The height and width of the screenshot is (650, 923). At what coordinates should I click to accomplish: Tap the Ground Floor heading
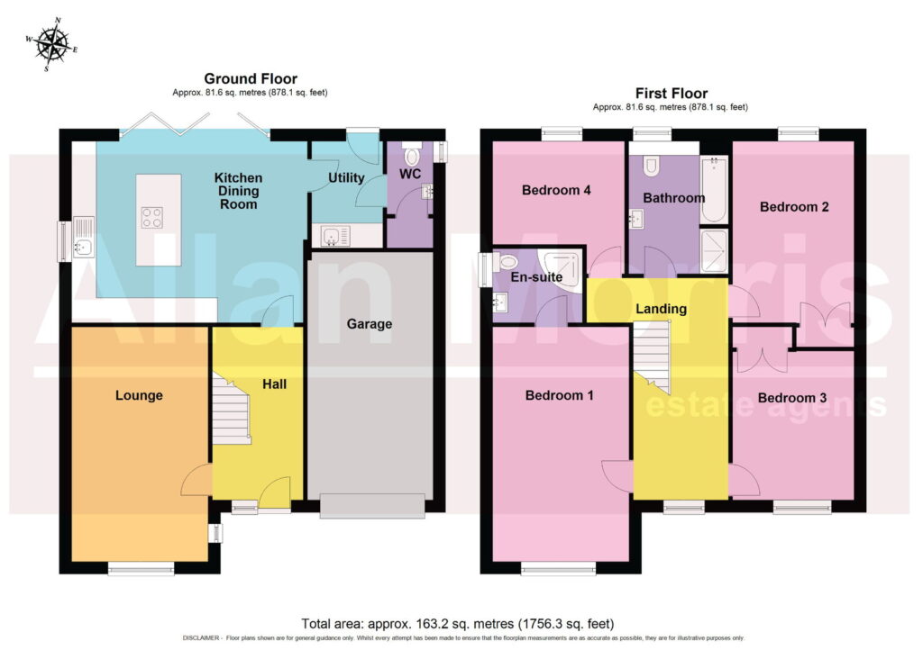point(251,78)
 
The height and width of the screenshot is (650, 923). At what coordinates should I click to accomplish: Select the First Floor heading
point(671,94)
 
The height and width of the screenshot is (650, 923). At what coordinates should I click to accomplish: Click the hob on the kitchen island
point(151,218)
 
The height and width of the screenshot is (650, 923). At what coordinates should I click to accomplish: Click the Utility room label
point(346,177)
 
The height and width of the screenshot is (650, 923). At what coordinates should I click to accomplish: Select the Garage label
point(369,324)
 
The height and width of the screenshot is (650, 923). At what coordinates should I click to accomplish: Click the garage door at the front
point(372,506)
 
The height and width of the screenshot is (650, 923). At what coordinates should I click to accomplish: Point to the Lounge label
point(139,395)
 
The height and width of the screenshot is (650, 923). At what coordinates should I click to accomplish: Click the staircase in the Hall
point(232,408)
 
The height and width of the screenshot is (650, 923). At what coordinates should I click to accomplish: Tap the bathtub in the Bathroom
point(715,189)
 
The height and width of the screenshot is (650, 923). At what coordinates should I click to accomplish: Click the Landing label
point(661,309)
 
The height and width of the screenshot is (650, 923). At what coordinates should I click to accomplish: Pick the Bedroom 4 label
point(556,191)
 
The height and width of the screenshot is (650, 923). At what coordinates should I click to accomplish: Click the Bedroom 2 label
point(794,207)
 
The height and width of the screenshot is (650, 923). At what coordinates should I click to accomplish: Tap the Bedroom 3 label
point(791,398)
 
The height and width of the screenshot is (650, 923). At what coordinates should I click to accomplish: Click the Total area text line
point(457,624)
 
